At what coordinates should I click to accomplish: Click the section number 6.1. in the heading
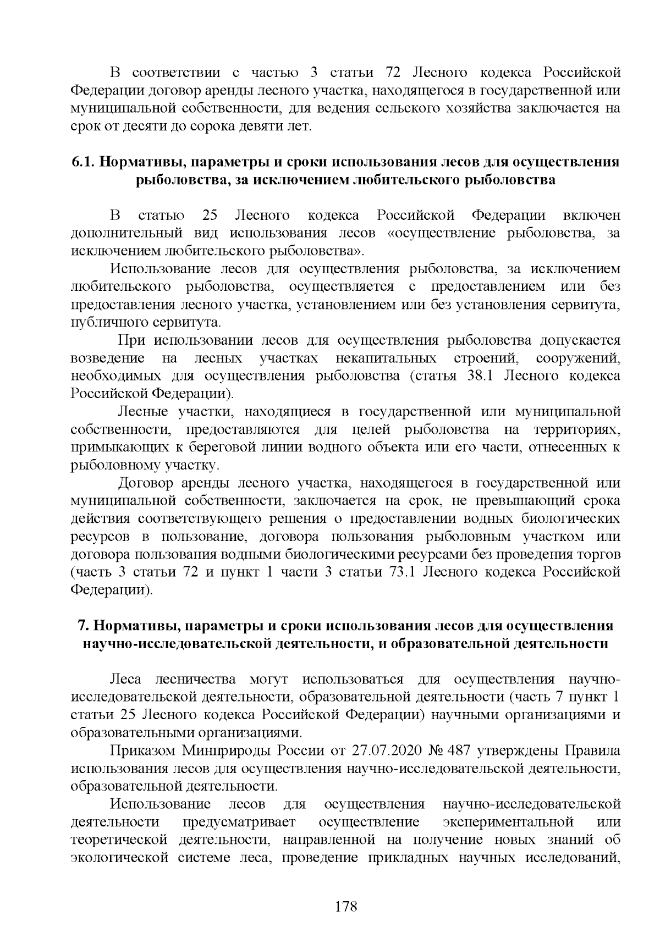click(x=83, y=162)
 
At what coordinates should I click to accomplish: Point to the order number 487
click(x=460, y=751)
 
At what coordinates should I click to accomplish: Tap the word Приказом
click(x=143, y=751)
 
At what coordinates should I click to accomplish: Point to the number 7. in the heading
click(x=83, y=626)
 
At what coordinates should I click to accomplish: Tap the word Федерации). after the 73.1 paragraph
click(x=112, y=590)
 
